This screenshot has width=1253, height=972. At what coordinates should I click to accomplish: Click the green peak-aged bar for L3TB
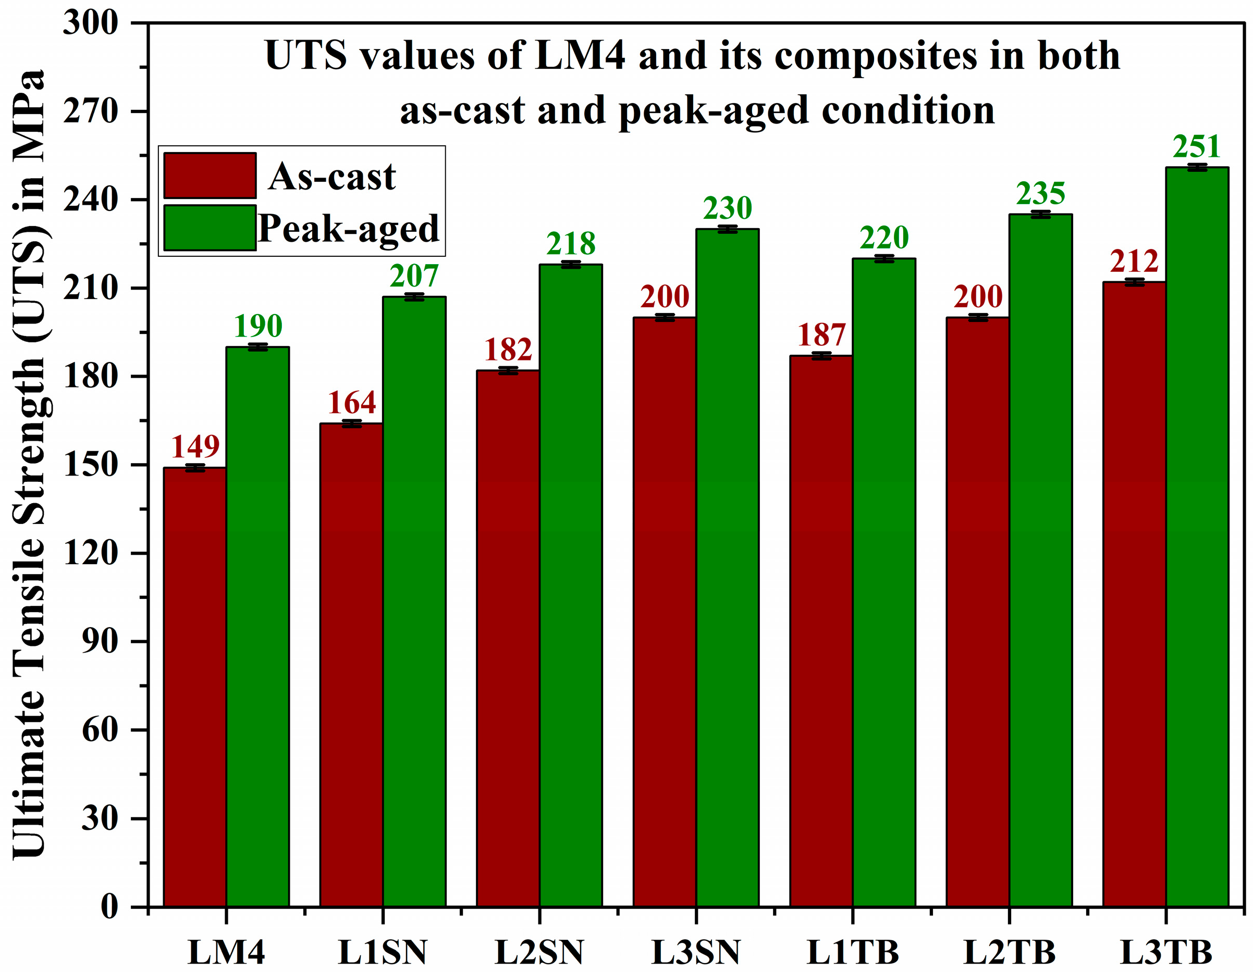click(x=1197, y=536)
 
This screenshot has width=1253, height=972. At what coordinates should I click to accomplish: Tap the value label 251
click(x=1196, y=147)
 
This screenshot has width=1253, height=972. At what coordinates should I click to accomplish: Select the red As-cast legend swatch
click(x=210, y=176)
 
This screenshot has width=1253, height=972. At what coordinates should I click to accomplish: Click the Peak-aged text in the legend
click(x=349, y=228)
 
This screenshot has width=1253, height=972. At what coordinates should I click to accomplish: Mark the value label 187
click(x=821, y=335)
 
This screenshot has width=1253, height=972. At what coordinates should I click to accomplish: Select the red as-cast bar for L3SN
click(x=665, y=612)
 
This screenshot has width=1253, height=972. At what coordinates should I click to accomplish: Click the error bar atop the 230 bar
click(x=728, y=229)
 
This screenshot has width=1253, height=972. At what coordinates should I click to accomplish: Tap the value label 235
click(x=1040, y=194)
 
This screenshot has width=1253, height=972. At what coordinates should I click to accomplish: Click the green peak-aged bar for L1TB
click(x=883, y=582)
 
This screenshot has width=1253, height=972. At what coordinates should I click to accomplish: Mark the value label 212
click(x=1134, y=261)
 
